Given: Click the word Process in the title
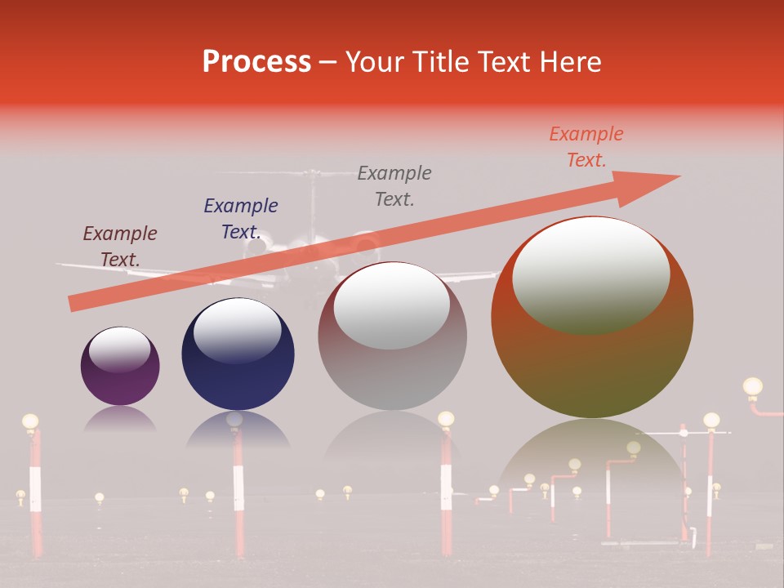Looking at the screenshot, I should coord(256,61).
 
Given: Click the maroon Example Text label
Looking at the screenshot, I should coord(120,246).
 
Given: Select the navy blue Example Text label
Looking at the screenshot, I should coord(241,218).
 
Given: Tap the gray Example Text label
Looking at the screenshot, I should coord(394,185).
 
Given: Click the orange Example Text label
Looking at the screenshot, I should coord(586,146).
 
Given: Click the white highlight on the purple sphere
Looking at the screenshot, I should coord(119,350).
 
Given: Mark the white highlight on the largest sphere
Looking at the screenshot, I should coord(590,275).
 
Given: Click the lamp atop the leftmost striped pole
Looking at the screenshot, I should coord(30,422).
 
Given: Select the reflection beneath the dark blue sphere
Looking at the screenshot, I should coord(237,429).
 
